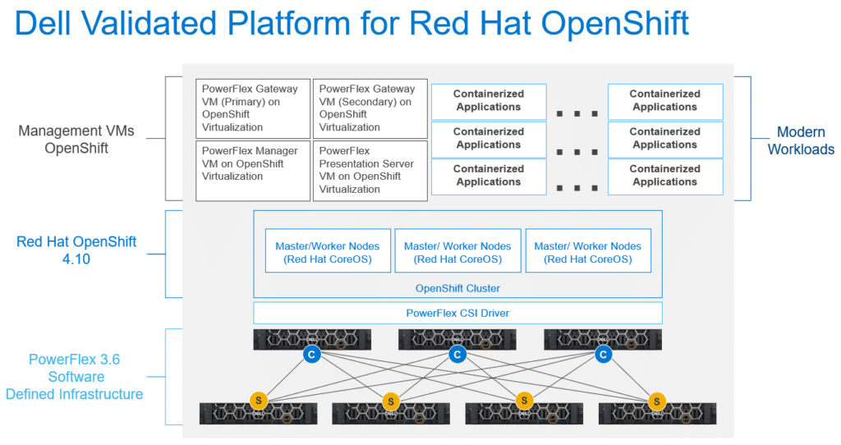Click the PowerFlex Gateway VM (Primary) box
point(253,109)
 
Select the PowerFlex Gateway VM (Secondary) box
point(370,109)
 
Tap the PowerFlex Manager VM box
point(253,171)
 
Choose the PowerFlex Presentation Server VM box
point(370,171)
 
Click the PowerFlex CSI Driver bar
point(457,313)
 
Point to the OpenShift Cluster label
point(457,288)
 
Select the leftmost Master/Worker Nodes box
point(328,251)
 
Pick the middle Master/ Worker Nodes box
point(457,251)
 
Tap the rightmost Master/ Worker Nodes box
point(588,251)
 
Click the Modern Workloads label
point(801,140)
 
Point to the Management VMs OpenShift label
point(76,140)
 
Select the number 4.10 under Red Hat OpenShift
point(76,259)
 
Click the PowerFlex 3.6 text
point(75,360)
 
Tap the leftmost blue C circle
point(311,354)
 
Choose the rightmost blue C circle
point(604,354)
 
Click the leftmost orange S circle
point(259,400)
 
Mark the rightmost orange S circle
point(657,401)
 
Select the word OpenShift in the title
point(614,24)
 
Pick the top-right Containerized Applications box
point(665,101)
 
